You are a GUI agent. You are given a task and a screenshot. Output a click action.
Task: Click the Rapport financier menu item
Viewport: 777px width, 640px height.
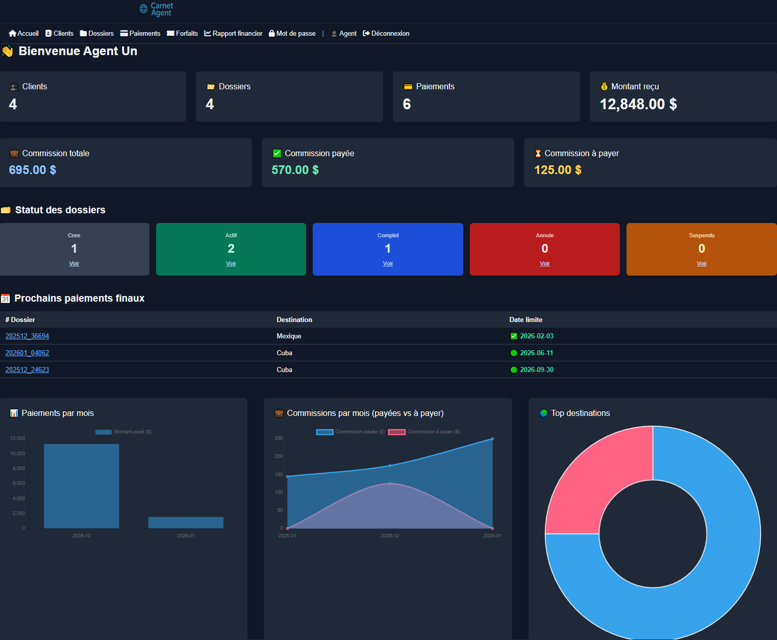(x=233, y=34)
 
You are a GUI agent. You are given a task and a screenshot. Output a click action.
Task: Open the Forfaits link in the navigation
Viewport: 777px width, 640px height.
(x=182, y=34)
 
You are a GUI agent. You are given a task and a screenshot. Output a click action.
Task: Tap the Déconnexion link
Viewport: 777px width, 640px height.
(x=386, y=34)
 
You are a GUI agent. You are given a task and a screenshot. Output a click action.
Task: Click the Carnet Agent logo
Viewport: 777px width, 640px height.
(x=157, y=9)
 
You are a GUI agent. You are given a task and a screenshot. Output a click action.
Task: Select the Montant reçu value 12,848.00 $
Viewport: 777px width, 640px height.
(x=638, y=104)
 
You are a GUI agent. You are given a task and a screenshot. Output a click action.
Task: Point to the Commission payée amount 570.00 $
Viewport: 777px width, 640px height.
(x=295, y=170)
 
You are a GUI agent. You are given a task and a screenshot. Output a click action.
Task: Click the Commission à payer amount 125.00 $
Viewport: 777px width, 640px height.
(x=558, y=170)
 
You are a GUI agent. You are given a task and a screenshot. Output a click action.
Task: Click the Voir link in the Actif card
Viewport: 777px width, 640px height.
(x=231, y=264)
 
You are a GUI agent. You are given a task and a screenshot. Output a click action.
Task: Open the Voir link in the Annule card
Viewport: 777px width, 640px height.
(x=545, y=264)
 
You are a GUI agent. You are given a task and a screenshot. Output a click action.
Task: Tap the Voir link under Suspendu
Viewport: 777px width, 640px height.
(x=701, y=264)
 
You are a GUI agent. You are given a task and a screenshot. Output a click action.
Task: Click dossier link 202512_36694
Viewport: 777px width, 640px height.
(x=27, y=336)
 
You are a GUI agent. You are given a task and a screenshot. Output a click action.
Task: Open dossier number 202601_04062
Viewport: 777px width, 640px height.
(x=27, y=353)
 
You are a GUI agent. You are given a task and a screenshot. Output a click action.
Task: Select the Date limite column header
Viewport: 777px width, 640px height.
(x=525, y=320)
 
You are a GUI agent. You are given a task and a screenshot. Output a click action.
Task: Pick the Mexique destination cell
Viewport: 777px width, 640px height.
(x=289, y=336)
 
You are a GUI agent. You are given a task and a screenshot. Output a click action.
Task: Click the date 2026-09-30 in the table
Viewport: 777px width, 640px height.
(x=536, y=370)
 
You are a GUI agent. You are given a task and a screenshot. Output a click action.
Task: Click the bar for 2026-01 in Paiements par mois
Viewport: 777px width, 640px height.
(x=186, y=523)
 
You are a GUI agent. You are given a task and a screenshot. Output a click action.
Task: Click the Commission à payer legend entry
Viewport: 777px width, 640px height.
(x=424, y=432)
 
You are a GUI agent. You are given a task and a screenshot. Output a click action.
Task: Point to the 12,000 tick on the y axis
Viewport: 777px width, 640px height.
(x=18, y=438)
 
